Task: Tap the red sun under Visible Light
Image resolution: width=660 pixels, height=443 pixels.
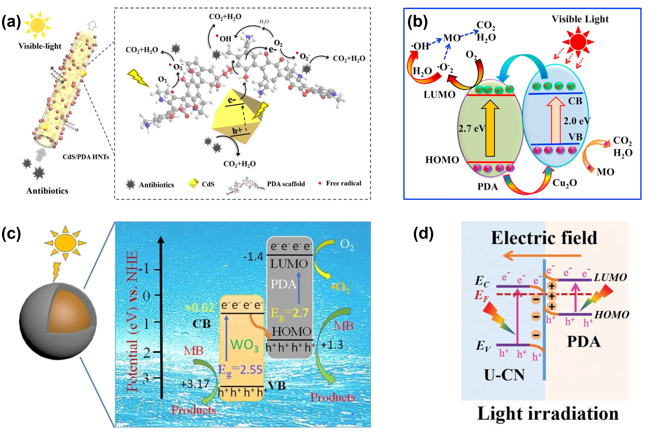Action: [578, 42]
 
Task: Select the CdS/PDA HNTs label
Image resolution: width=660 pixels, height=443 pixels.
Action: [86, 157]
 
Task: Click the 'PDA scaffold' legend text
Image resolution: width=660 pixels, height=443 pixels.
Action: [286, 184]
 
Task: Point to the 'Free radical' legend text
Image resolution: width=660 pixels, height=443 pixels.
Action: [343, 183]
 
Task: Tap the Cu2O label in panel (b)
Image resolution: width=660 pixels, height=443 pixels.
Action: [564, 183]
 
